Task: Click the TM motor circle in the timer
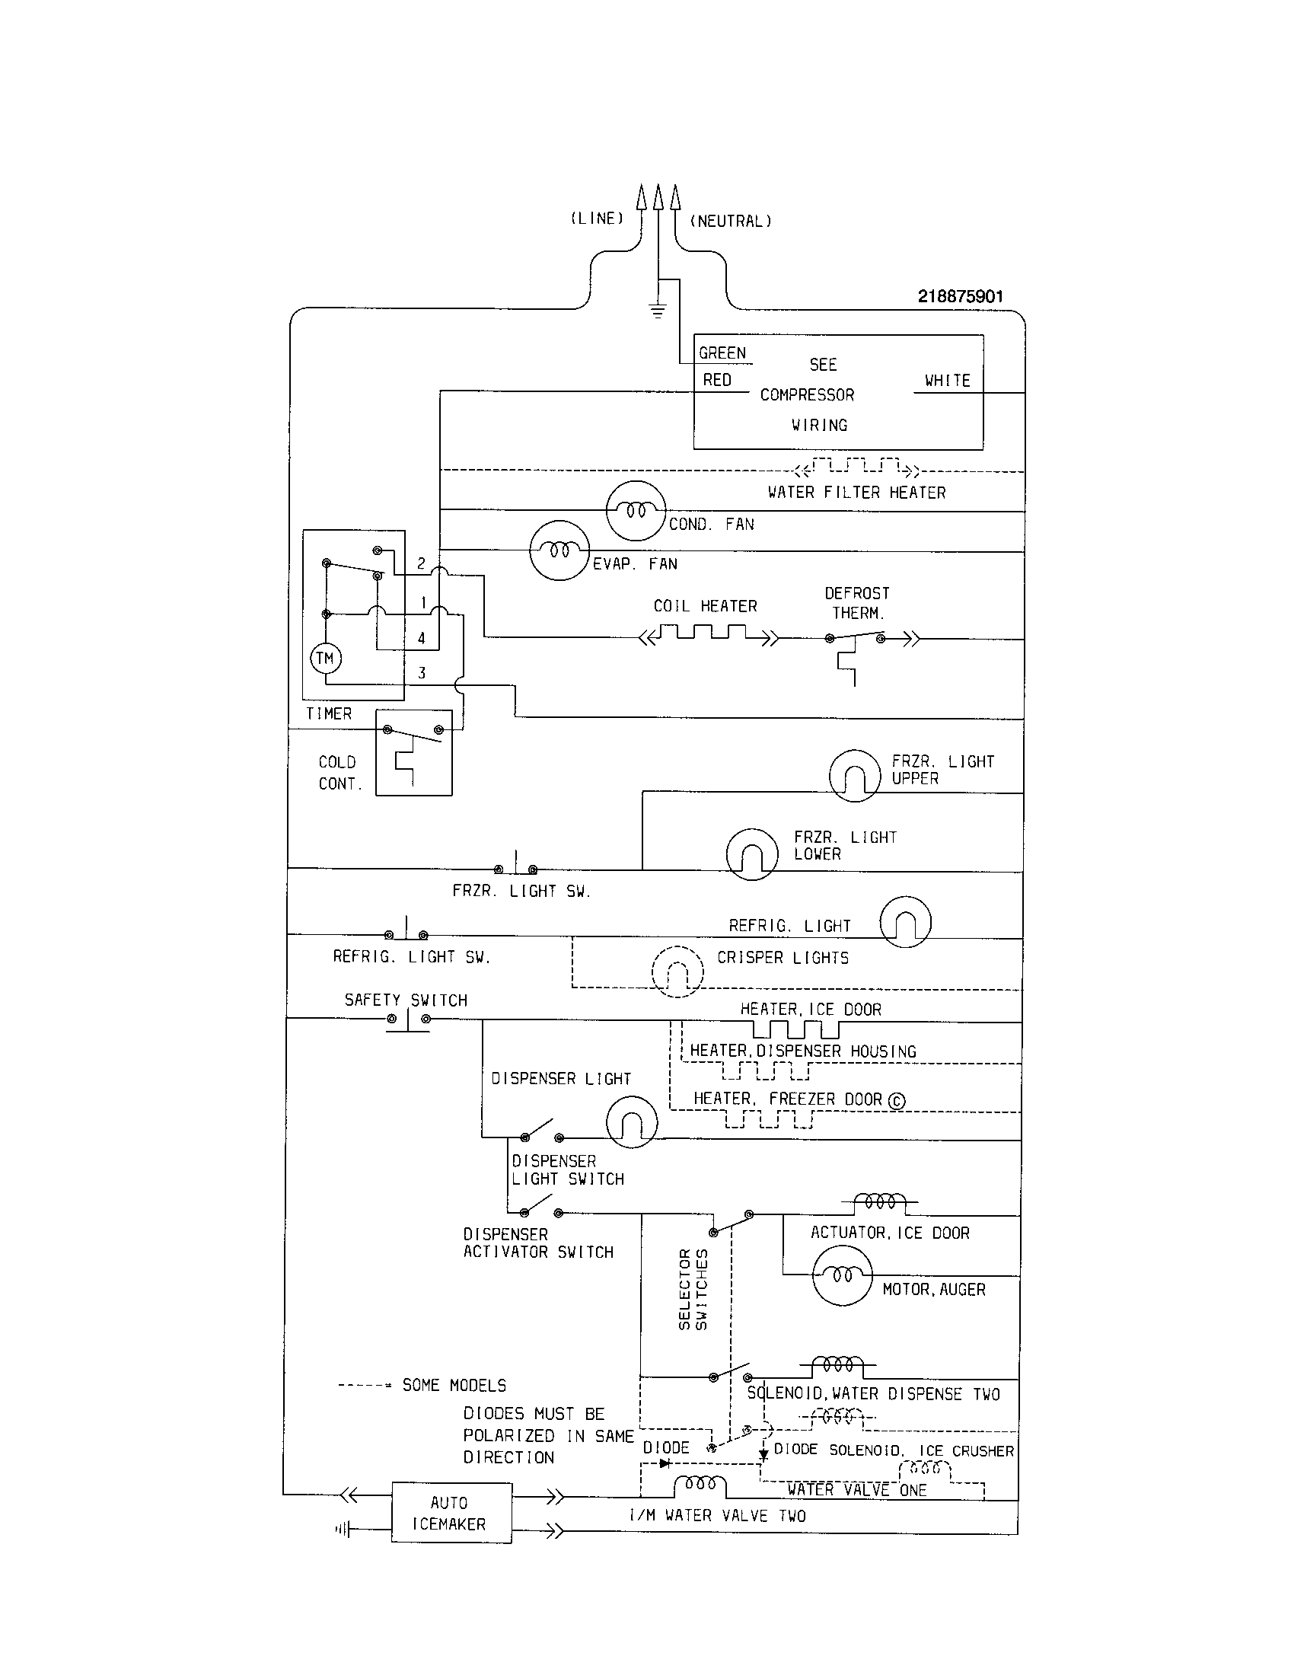pos(325,658)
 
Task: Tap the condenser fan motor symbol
pos(636,510)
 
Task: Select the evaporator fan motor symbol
pos(559,550)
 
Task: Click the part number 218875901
pos(960,297)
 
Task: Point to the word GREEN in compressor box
pos(722,353)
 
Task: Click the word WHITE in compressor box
pos(947,381)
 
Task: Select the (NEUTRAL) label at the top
pos(731,222)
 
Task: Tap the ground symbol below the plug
pos(657,311)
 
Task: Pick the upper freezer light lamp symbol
pos(854,775)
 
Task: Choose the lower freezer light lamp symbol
pos(752,853)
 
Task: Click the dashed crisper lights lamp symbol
pos(677,971)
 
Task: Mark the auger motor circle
pos(842,1275)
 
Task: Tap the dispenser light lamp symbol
pos(632,1121)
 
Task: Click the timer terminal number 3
pos(422,672)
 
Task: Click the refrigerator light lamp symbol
pos(905,921)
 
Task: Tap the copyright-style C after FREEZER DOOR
pos(896,1102)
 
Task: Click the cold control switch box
pos(414,752)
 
